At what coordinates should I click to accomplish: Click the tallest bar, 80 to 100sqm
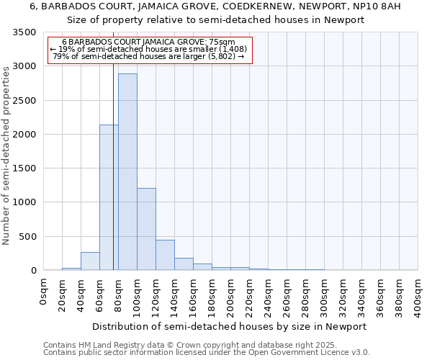[x=127, y=173]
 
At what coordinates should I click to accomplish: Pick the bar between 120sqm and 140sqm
[x=165, y=255]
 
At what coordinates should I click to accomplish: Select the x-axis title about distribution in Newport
[x=230, y=326]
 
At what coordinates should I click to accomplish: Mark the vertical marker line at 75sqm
[x=113, y=180]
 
